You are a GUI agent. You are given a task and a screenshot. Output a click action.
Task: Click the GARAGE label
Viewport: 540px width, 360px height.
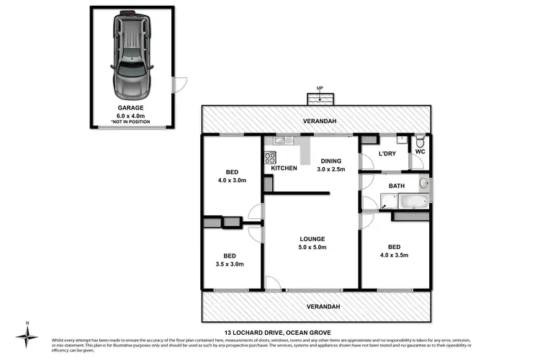[130, 107]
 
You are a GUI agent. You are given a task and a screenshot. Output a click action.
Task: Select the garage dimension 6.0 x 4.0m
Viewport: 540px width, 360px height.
[130, 115]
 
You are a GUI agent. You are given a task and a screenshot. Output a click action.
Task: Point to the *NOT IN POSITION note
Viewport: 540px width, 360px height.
[130, 122]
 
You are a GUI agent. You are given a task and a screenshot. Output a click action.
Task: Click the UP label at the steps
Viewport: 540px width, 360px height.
[318, 89]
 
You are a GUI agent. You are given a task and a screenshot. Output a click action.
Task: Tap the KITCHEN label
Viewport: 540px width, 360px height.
[284, 168]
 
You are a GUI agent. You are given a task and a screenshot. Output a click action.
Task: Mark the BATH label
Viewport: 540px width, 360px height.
[397, 186]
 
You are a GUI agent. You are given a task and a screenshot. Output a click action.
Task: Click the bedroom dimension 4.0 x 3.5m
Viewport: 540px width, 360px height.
[395, 253]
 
